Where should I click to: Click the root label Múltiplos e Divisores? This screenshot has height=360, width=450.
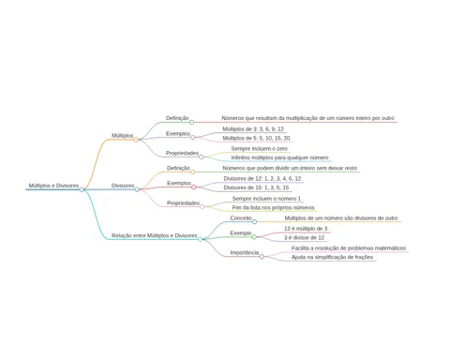pos(53,186)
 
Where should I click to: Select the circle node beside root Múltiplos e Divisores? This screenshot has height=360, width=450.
pos(82,189)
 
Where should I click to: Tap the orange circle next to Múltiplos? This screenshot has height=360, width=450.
pos(136,140)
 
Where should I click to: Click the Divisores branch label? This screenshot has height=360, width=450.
pos(123,186)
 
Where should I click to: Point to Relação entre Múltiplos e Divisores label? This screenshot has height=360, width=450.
pos(155,235)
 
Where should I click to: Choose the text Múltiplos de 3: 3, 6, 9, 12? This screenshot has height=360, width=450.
pos(253,128)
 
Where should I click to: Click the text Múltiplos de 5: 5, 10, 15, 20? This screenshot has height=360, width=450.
pos(256,138)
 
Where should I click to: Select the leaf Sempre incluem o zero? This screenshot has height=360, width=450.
pos(260,148)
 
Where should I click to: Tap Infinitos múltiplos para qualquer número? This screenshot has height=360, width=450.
pos(279,157)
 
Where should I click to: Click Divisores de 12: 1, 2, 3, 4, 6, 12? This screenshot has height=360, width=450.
pos(262,178)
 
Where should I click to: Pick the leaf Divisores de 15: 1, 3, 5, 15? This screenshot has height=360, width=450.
pos(256,187)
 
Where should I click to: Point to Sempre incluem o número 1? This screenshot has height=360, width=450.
pos(266,199)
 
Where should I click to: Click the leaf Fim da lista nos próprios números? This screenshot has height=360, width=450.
pos(274,207)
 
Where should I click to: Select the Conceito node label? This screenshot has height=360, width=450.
pos(241,217)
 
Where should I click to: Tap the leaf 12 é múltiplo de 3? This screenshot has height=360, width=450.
pos(306,229)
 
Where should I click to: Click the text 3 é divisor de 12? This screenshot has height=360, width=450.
pos(305,237)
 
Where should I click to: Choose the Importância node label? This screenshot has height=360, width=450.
pos(245,252)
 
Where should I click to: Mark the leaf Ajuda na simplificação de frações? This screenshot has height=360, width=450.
pos(333,257)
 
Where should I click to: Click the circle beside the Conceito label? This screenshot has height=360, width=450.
pos(254,221)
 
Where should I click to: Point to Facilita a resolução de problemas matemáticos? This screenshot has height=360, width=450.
pos(349,247)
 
